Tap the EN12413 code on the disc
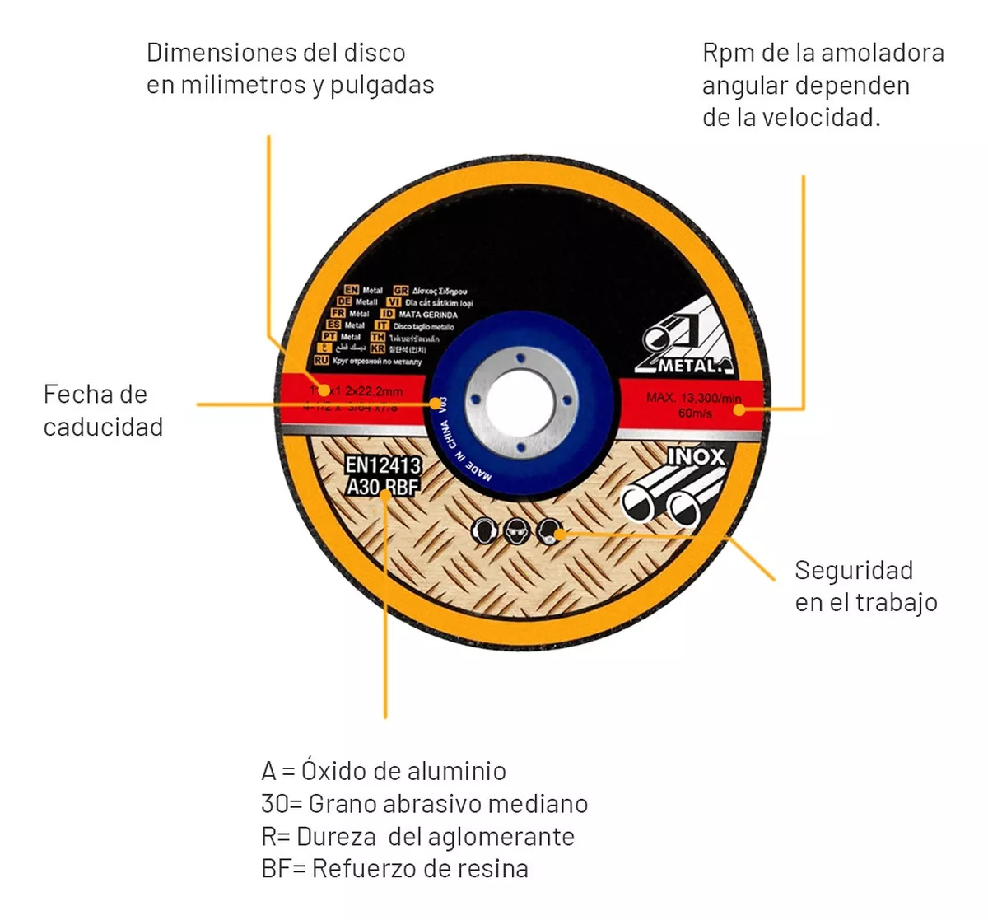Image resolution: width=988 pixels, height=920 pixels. (x=382, y=465)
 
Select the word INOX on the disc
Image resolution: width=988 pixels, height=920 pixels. (x=696, y=457)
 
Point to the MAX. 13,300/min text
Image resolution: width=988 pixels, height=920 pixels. (x=693, y=398)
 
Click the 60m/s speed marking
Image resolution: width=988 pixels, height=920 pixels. (x=695, y=413)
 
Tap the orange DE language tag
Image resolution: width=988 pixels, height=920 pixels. (x=344, y=302)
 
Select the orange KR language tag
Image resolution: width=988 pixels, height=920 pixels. (x=378, y=349)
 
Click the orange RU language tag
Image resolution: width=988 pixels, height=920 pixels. (x=321, y=361)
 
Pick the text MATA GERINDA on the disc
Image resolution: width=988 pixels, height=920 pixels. (x=428, y=315)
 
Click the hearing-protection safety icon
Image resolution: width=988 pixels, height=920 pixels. (x=484, y=530)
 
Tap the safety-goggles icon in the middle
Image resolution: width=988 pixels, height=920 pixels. (x=516, y=531)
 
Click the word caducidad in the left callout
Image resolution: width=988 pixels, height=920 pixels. (x=103, y=427)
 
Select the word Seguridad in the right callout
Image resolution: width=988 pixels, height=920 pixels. (x=854, y=571)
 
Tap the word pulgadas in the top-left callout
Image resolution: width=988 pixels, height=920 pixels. (x=382, y=86)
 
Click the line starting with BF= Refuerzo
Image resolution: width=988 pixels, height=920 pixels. (x=394, y=869)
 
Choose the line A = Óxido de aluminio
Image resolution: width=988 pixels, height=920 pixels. (x=384, y=772)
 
